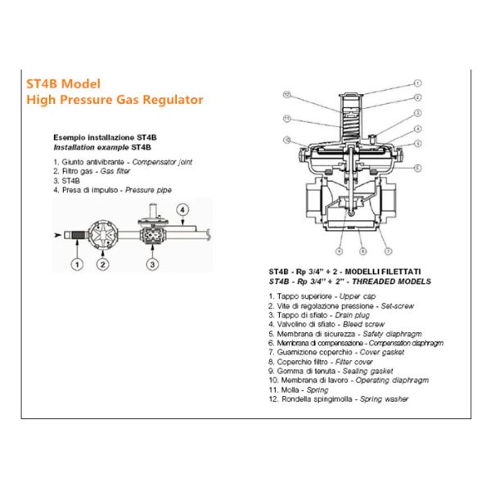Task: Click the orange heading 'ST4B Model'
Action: point(63,84)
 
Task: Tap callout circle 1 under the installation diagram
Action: point(77,264)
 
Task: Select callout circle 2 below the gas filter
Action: point(103,264)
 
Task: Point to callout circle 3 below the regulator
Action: point(152,264)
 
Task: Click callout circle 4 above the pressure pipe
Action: point(182,209)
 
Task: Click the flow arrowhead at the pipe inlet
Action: point(57,235)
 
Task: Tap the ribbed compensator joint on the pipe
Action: point(78,235)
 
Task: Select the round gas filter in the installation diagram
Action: point(103,235)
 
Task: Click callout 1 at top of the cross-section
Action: point(417,83)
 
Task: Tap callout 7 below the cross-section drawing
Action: point(388,251)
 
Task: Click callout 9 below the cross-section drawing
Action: point(339,251)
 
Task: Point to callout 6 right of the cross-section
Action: point(417,168)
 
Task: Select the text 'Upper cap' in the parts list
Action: point(358,296)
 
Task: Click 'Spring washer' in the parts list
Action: point(385,399)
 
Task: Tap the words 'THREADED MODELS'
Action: point(391,282)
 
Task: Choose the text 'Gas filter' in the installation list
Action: point(115,171)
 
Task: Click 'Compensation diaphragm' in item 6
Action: point(406,343)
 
